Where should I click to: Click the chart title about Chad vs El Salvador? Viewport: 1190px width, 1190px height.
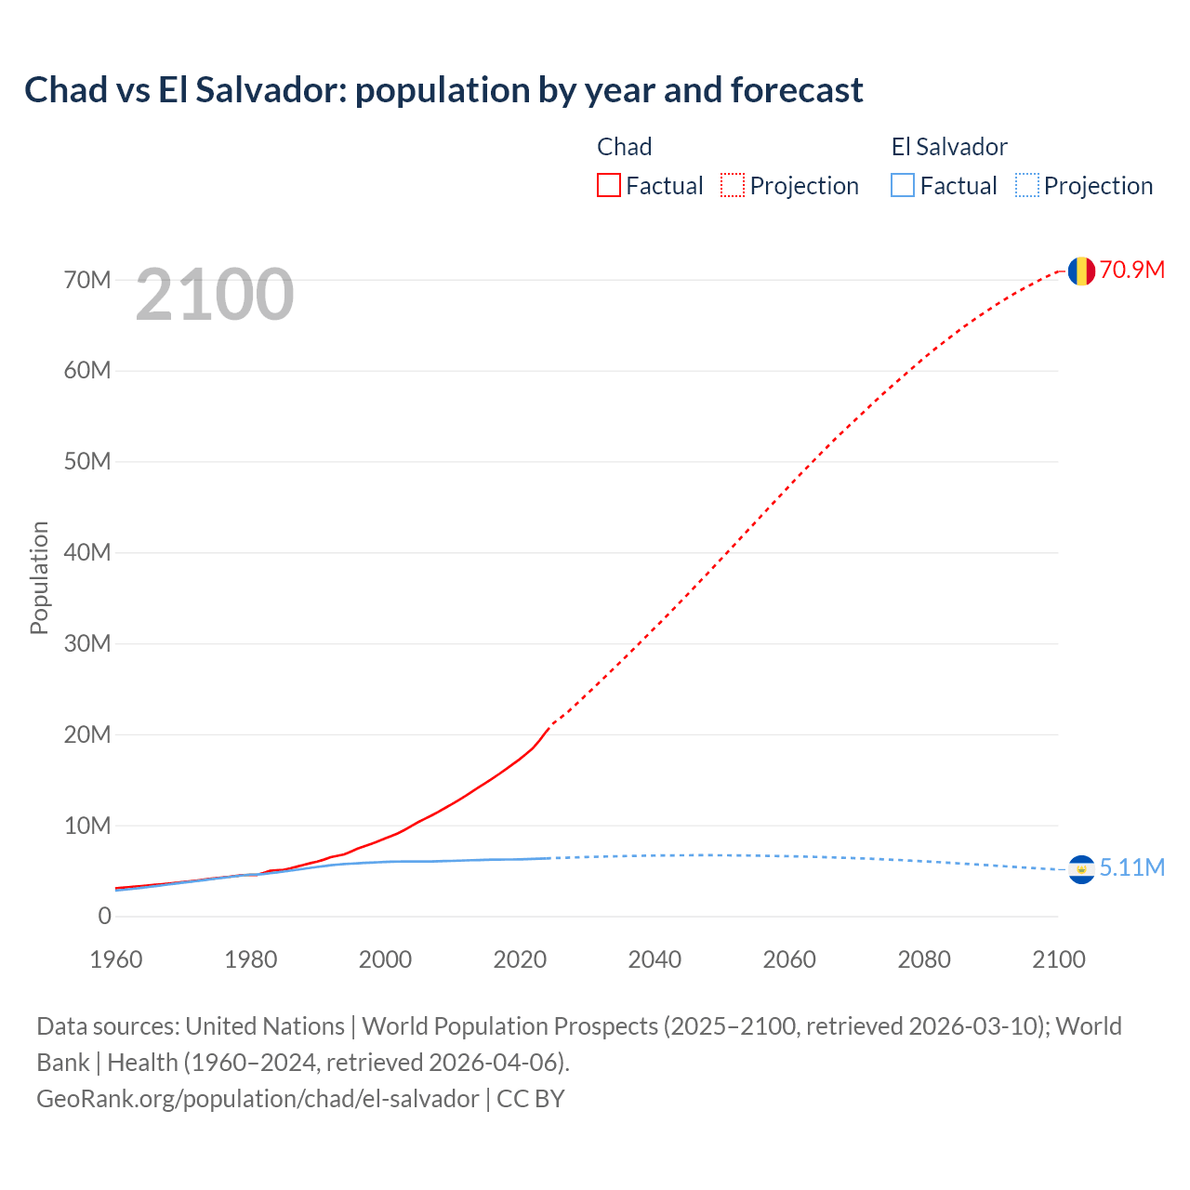point(443,90)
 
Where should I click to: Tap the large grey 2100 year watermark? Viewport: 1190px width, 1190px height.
point(215,295)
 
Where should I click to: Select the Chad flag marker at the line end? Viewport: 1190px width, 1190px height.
point(1080,271)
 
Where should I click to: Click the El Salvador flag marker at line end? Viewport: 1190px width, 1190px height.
point(1080,868)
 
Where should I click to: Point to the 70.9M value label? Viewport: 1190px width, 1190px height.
point(1131,270)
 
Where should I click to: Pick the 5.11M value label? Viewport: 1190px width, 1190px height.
point(1131,867)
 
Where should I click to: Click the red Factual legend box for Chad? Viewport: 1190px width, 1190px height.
point(609,186)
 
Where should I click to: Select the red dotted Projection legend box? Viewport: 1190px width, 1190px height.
point(733,186)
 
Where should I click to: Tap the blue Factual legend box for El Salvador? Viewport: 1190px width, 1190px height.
point(903,186)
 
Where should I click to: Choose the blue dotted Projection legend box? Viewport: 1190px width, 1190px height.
point(1027,186)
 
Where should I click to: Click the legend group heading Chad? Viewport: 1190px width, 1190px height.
point(624,147)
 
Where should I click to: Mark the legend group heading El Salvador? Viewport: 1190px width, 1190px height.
point(949,147)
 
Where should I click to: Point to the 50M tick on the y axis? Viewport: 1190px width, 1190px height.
point(87,462)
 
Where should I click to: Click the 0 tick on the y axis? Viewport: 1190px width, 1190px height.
point(104,917)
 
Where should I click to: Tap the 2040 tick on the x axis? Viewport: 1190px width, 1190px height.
point(654,959)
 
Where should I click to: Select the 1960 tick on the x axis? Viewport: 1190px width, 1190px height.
point(116,959)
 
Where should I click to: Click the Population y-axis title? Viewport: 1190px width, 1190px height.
point(39,577)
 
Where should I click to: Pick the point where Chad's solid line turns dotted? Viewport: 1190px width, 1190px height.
point(549,726)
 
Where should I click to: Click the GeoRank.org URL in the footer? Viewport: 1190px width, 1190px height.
point(258,1099)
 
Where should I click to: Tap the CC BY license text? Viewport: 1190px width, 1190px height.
point(531,1099)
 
